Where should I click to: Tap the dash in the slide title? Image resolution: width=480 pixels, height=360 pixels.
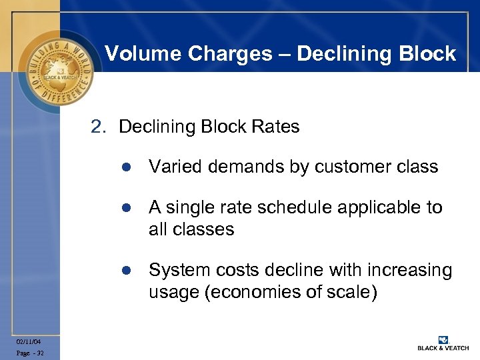[x=285, y=53]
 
